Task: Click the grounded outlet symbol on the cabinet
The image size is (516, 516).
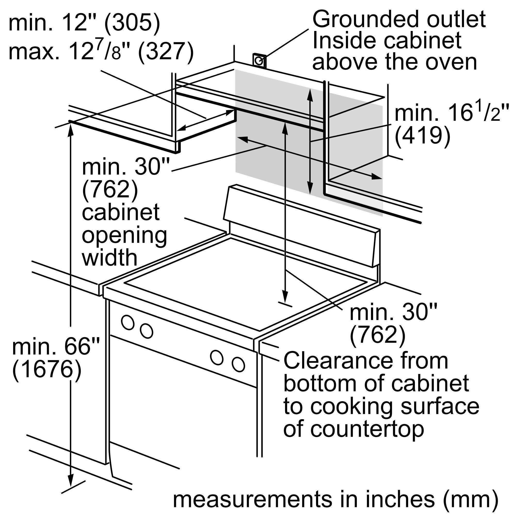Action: click(x=259, y=61)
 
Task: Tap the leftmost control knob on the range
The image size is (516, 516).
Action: click(x=128, y=322)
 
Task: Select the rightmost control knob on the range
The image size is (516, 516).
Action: click(x=238, y=364)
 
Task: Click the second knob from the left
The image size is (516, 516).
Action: click(x=146, y=331)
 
